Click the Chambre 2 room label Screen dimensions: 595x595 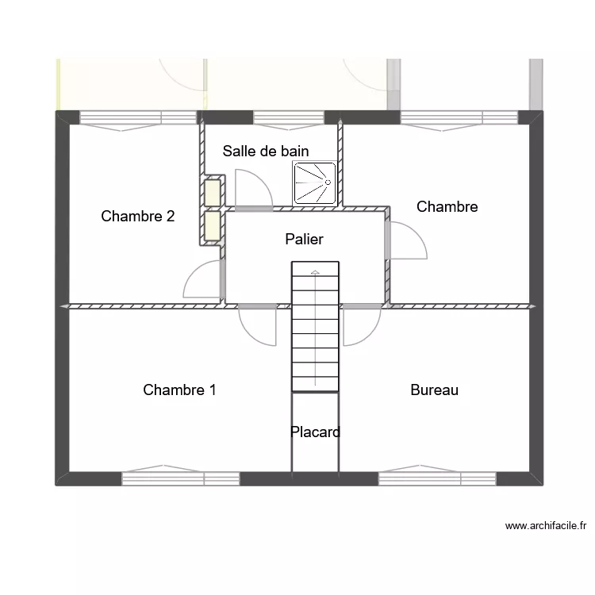[x=138, y=216]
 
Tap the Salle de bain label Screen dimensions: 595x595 [x=266, y=151]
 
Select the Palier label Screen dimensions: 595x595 [x=304, y=239]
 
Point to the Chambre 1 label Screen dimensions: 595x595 [x=179, y=390]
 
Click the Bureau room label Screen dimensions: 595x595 [x=434, y=390]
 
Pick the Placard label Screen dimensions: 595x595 [x=315, y=432]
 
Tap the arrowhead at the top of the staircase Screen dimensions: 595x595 [x=315, y=273]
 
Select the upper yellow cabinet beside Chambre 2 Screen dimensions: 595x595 [x=212, y=193]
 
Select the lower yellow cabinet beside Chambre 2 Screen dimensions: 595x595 [x=212, y=225]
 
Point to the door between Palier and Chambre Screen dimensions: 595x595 [x=406, y=240]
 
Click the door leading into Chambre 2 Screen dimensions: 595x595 [x=202, y=279]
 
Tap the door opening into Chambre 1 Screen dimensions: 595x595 [x=258, y=325]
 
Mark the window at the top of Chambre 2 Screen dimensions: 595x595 [x=139, y=117]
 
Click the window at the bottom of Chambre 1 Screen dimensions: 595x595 [x=181, y=478]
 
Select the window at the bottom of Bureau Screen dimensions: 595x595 [x=437, y=478]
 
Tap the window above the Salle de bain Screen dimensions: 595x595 [x=288, y=117]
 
